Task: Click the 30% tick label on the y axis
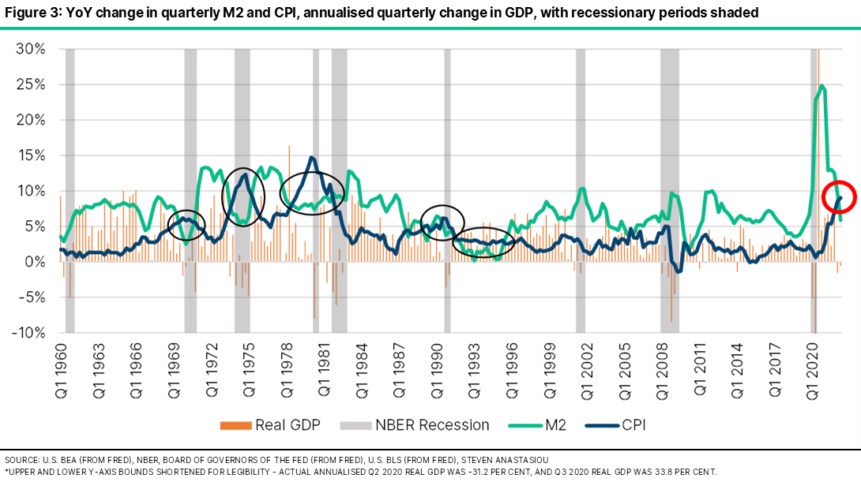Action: pyautogui.click(x=29, y=49)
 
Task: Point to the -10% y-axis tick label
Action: pyautogui.click(x=28, y=333)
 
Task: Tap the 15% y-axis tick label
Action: pyautogui.click(x=29, y=155)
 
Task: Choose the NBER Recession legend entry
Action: pyautogui.click(x=415, y=425)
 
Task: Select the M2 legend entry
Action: pyautogui.click(x=540, y=425)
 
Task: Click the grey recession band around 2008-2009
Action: pyautogui.click(x=669, y=189)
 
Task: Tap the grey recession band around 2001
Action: pyautogui.click(x=581, y=189)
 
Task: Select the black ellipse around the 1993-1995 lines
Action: pyautogui.click(x=483, y=241)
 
